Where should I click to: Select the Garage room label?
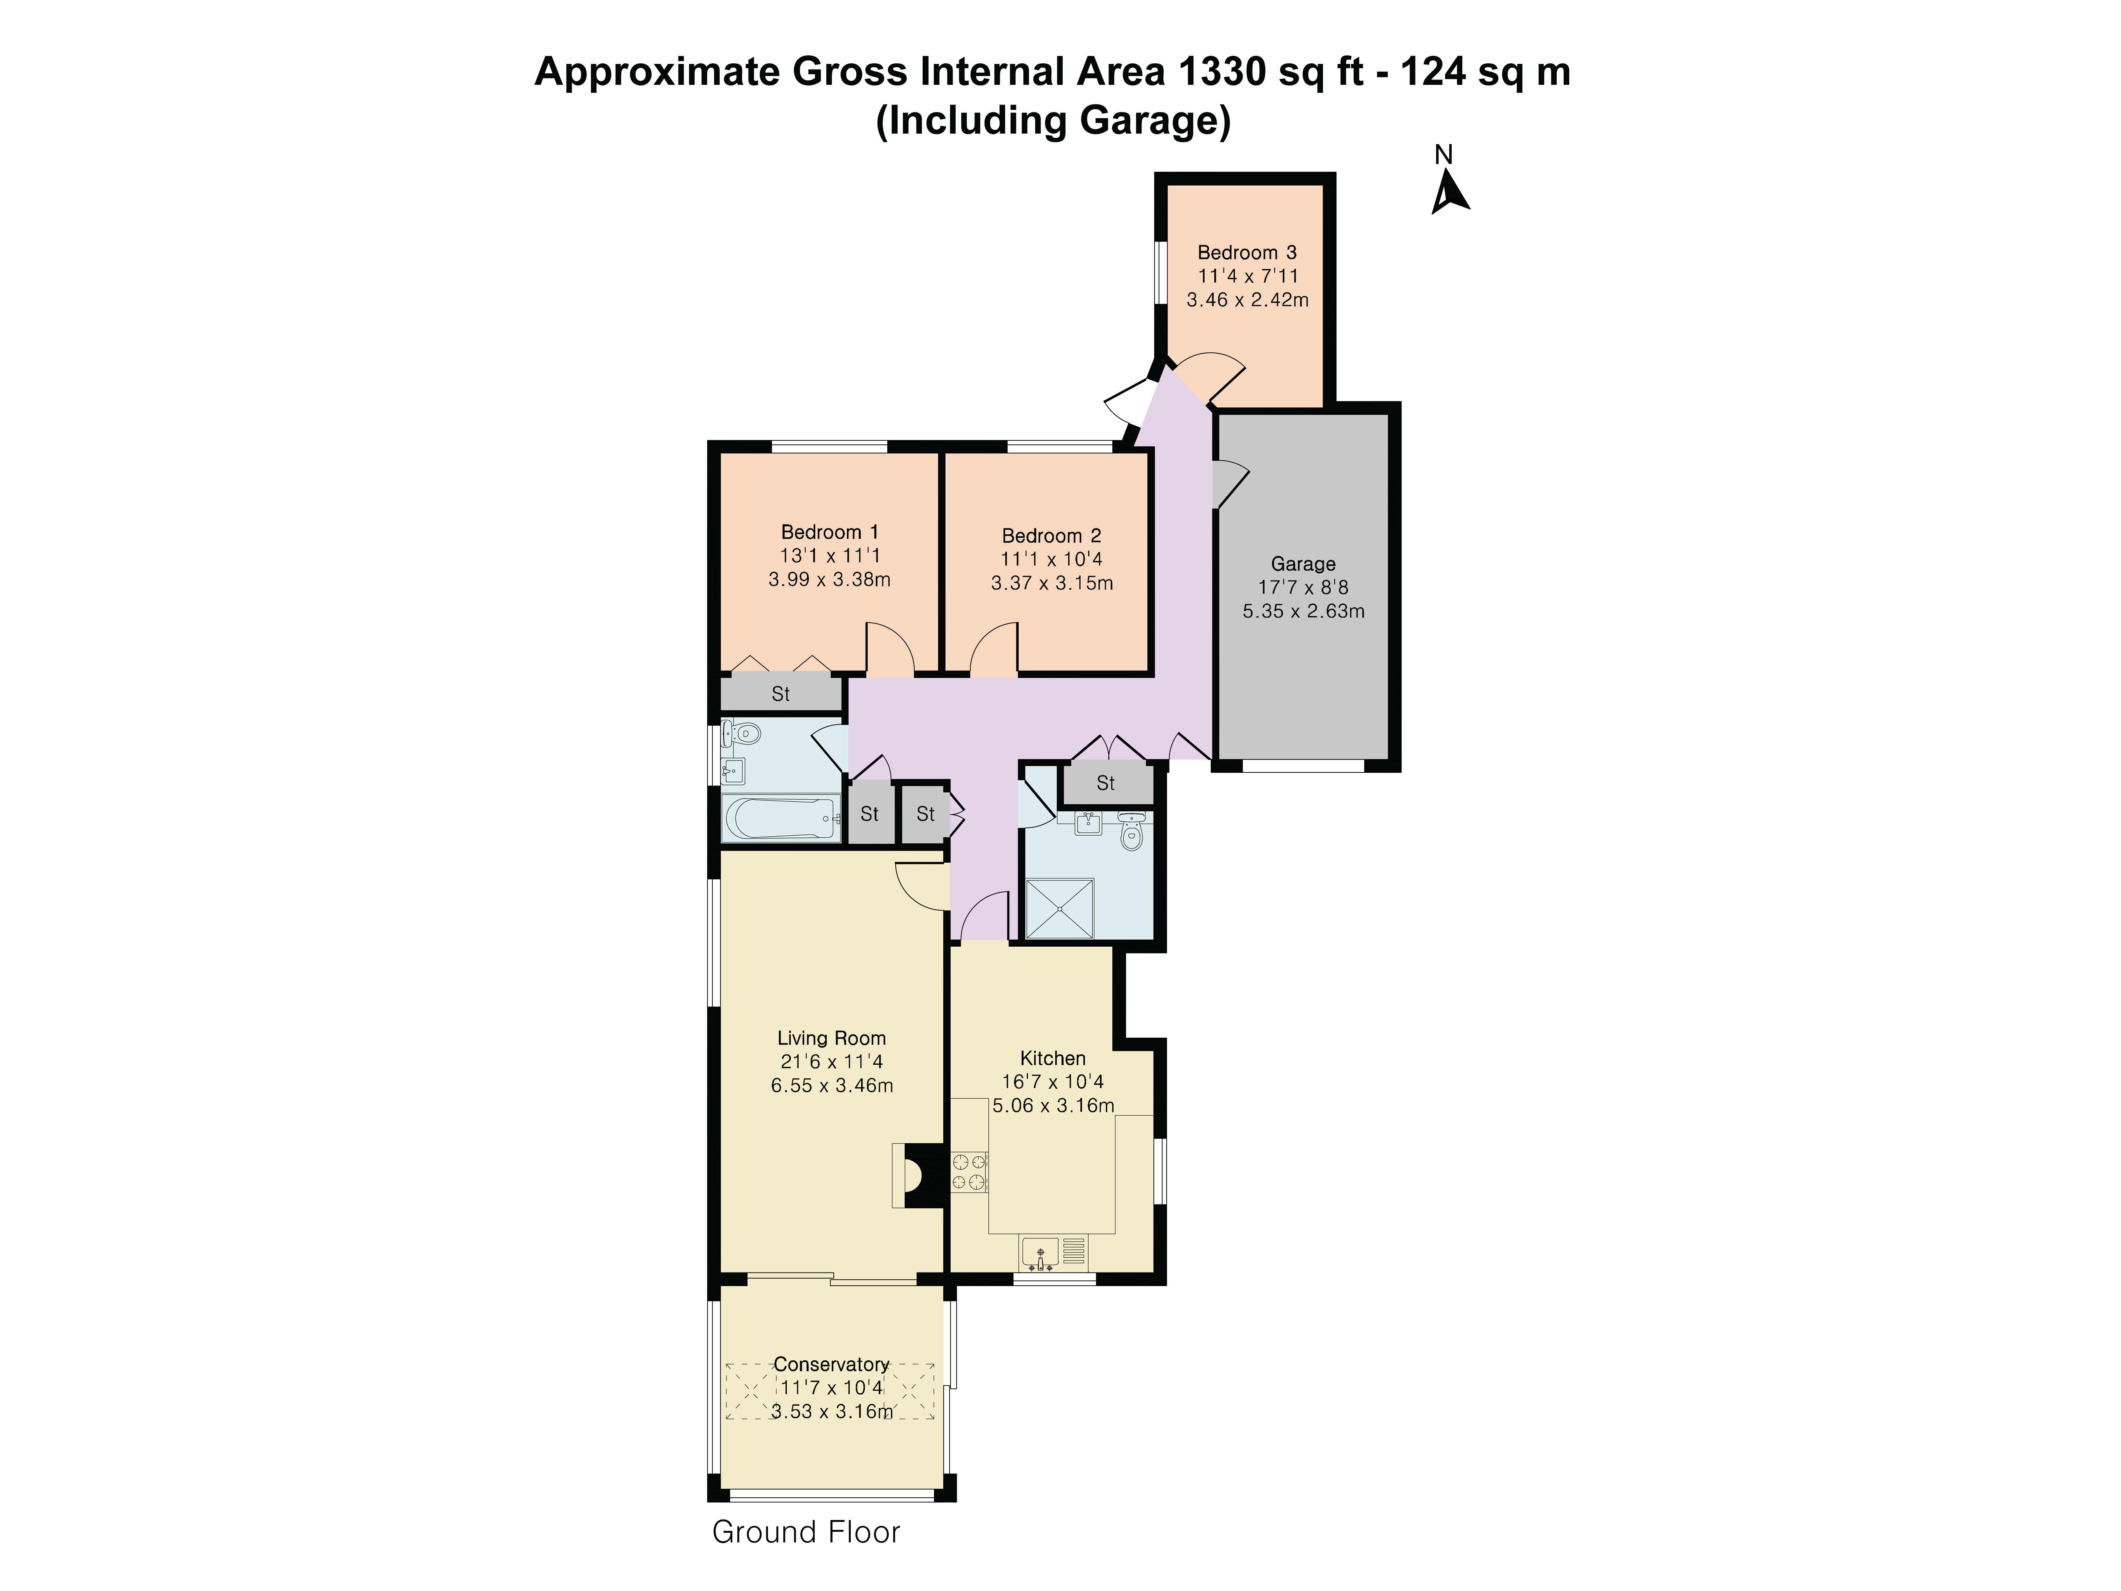point(1303,564)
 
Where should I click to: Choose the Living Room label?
point(831,1038)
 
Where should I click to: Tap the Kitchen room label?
point(1053,1058)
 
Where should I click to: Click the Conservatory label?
point(831,1364)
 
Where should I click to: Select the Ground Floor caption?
point(805,1531)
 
